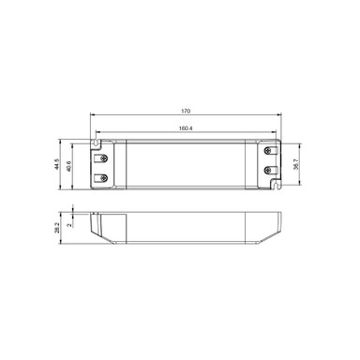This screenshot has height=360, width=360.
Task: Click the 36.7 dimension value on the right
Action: point(297,164)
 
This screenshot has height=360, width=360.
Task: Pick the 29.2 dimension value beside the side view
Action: point(59,228)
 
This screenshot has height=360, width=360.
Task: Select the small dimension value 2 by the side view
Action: point(71,224)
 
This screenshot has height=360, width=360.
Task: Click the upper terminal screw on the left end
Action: point(102,155)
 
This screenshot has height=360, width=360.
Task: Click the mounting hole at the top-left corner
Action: point(96,142)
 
